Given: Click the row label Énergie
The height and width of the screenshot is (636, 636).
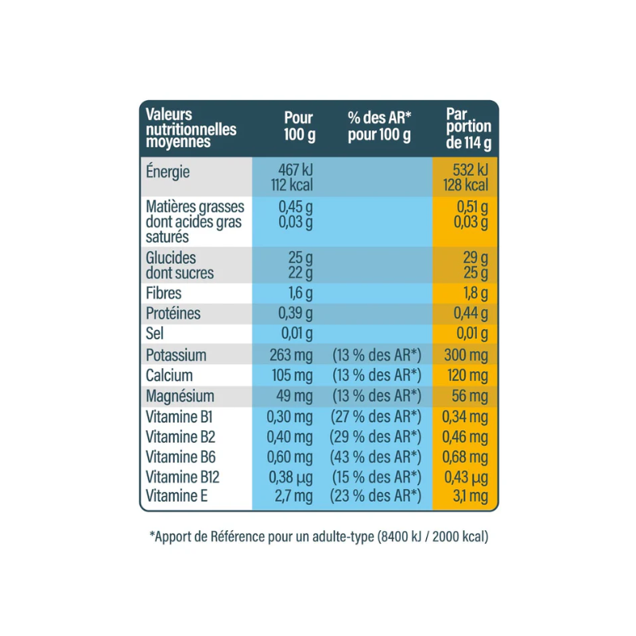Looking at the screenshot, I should coord(169,172).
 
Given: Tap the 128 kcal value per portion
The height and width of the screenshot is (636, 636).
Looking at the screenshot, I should coord(467,186).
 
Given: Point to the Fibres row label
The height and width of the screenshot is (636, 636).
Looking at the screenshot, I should coord(164,293).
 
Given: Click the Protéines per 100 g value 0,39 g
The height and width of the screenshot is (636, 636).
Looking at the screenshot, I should coord(296,313).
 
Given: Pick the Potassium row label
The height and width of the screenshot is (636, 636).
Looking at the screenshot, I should coord(176,355).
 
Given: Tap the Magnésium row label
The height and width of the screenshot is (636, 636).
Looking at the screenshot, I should coord(180,396).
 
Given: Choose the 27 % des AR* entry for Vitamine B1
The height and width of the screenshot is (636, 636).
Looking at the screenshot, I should coord(375,417).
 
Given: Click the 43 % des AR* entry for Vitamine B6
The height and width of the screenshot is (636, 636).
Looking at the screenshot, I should coord(375,457).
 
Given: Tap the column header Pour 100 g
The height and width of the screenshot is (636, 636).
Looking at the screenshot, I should coord(300,126).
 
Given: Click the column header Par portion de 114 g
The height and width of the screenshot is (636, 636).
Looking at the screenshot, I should coord(468,129).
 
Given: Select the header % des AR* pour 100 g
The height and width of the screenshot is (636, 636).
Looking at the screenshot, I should coord(379,126).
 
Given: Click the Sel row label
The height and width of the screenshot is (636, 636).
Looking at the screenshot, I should coord(153,334).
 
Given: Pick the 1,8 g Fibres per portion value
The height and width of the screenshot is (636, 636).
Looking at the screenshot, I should coord(475,293).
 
